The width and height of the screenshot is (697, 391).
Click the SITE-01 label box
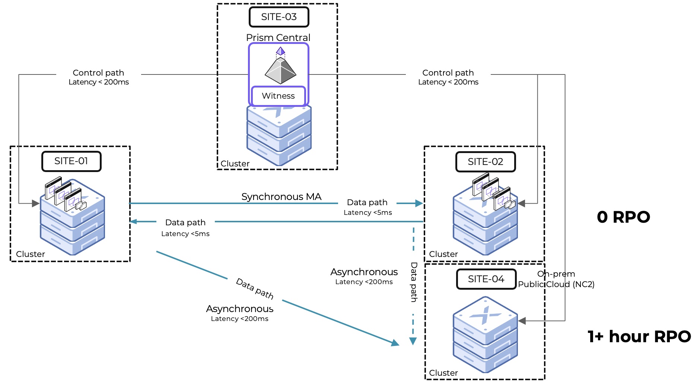[x=71, y=161]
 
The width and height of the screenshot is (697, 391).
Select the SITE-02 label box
[x=486, y=162]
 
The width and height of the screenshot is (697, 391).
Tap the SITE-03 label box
[x=279, y=17]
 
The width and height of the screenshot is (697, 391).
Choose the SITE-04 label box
[x=486, y=279]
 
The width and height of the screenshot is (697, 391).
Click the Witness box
[x=279, y=96]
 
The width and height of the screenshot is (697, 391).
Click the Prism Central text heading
[x=278, y=38]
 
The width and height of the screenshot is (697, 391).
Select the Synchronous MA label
[x=281, y=197]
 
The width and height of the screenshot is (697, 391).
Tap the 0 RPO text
[x=623, y=217]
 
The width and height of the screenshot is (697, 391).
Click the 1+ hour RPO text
[x=639, y=337]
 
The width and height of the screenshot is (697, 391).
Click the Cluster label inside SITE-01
[x=31, y=254]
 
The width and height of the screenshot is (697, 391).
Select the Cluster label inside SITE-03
[x=235, y=163]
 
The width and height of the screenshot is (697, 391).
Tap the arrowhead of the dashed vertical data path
[x=413, y=341]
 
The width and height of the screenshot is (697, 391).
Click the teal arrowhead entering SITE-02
[x=419, y=203]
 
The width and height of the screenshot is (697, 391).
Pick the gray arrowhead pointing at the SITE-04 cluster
[x=522, y=321]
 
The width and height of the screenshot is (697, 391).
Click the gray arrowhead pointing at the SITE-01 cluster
[x=36, y=203]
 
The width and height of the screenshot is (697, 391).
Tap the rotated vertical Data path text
[x=414, y=282]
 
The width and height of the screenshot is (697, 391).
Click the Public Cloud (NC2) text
[x=556, y=284]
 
